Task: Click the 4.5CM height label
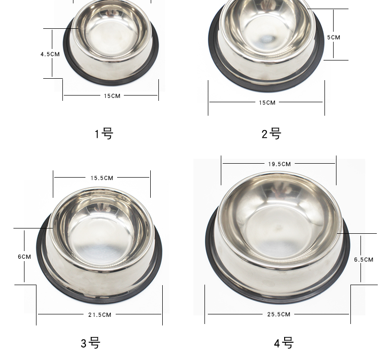[50, 54]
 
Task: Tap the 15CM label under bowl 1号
[112, 96]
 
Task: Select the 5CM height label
[334, 37]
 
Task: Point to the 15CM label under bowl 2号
[267, 103]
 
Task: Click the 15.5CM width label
[102, 178]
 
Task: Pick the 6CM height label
[24, 257]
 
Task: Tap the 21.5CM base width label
[100, 315]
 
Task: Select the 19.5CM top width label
[279, 164]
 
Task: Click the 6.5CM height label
[364, 260]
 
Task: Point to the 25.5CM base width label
[279, 314]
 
